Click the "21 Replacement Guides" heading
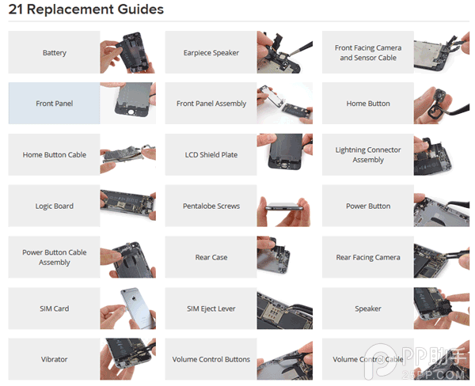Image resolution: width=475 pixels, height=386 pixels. [86, 9]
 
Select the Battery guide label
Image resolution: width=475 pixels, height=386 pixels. [54, 53]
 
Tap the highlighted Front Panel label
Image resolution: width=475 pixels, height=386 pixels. [54, 104]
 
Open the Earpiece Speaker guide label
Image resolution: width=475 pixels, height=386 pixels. [211, 53]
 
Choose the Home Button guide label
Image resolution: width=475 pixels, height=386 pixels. [368, 104]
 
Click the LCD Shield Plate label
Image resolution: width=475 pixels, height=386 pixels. [211, 155]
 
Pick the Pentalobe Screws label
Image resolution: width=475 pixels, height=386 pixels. [211, 206]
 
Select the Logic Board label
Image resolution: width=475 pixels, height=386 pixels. [54, 206]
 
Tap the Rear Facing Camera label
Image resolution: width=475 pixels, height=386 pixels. [368, 257]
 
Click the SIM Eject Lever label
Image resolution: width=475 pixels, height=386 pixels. [211, 308]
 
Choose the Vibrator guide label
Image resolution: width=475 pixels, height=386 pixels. [54, 359]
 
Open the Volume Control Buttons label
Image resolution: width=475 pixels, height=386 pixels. [211, 359]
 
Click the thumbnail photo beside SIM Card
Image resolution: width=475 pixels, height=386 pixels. [128, 308]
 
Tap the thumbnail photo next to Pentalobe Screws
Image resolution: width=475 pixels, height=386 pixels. [285, 206]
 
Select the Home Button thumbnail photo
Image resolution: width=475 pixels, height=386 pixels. [442, 104]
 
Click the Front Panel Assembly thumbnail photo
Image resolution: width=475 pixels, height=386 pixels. [285, 104]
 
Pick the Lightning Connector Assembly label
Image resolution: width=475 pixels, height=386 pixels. [368, 155]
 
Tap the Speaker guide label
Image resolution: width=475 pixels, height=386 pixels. [368, 308]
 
